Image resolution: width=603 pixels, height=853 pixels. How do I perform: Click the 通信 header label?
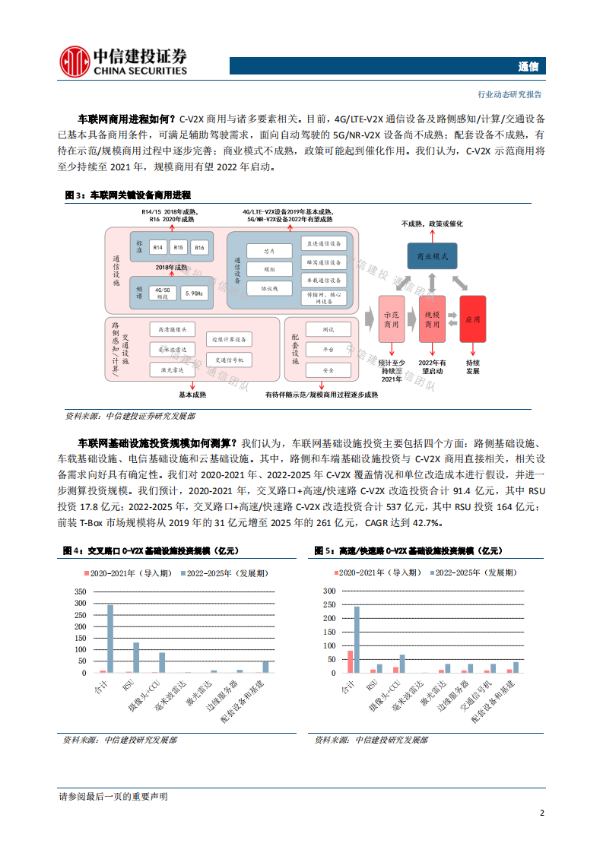pos(528,66)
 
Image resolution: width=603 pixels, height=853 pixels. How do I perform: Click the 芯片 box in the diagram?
pos(268,250)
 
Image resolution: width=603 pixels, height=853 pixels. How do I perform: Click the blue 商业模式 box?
pos(430,256)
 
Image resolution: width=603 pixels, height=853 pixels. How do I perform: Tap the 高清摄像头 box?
pos(173,330)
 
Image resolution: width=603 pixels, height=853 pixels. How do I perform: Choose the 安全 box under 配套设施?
pos(328,369)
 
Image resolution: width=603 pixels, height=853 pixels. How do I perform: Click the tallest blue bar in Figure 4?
pos(109,638)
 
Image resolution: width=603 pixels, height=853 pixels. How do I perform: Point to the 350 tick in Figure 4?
pos(81,591)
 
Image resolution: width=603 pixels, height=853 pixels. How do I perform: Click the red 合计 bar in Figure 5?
pos(350,661)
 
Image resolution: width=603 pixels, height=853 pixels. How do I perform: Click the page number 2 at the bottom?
pos(541,813)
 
